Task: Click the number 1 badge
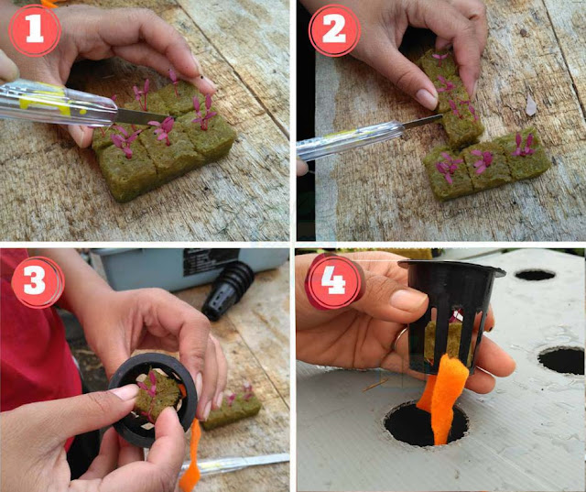[35, 30]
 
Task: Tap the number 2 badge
[334, 30]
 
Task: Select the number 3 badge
[38, 282]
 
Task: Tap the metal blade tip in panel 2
[442, 115]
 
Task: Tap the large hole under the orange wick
[426, 424]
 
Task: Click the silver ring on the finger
[397, 338]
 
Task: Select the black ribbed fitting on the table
[227, 290]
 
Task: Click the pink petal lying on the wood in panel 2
[531, 105]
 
